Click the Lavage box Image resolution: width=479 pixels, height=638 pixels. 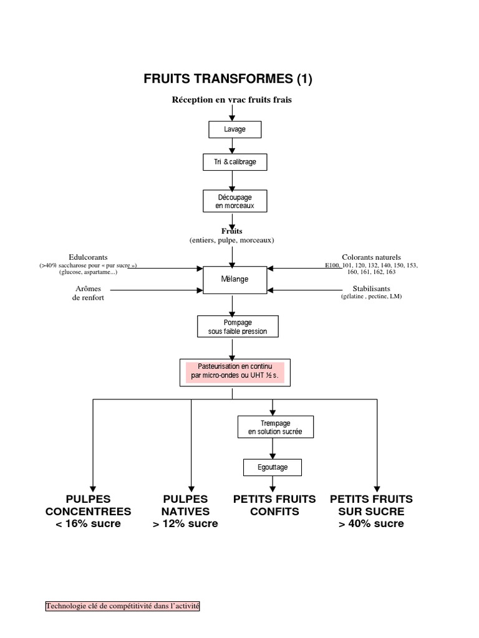[235, 130]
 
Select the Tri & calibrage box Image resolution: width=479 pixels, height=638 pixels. [235, 162]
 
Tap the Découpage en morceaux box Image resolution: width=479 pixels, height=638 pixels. [235, 201]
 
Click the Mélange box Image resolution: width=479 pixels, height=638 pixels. [235, 280]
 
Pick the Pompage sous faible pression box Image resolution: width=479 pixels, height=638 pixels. [238, 326]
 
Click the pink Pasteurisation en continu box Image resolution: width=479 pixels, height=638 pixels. [235, 373]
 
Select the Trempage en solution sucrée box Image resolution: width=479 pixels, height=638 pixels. [276, 427]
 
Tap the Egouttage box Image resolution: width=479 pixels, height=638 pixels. [273, 467]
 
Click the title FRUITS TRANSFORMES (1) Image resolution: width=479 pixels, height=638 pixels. [228, 79]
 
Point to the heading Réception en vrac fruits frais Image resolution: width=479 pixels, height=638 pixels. [232, 100]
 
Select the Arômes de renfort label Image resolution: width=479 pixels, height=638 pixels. [88, 293]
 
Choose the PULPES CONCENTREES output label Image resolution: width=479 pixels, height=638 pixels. [89, 511]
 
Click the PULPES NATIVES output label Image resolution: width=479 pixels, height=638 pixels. [185, 511]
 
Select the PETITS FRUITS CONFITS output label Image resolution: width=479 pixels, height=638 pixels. [274, 505]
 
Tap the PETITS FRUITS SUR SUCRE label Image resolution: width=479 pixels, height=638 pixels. [372, 511]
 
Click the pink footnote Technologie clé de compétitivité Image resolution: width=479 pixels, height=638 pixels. [123, 606]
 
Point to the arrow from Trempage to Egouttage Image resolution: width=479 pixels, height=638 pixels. [273, 449]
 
